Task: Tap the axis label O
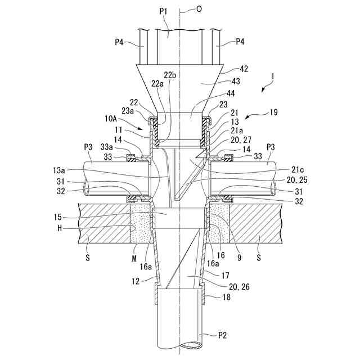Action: point(199,9)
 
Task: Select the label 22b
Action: point(170,75)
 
